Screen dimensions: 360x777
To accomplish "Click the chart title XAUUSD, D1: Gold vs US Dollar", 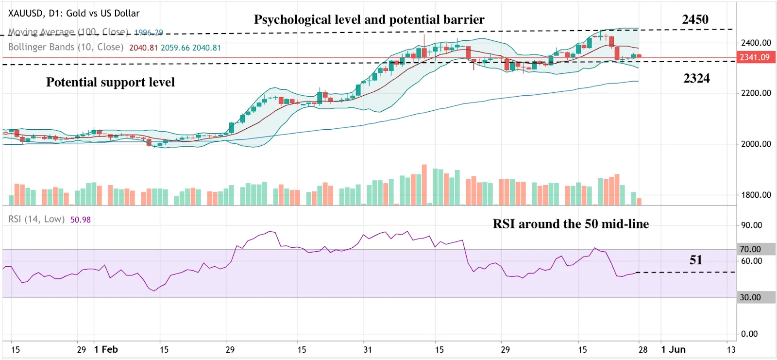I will click(x=74, y=13).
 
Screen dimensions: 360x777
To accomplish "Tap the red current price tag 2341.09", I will click(x=754, y=57).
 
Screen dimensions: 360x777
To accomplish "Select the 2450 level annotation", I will click(x=695, y=19).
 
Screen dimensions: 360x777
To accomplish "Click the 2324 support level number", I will click(x=696, y=78).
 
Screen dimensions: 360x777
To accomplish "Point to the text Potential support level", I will click(x=110, y=82).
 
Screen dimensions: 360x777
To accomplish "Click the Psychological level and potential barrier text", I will click(x=369, y=19).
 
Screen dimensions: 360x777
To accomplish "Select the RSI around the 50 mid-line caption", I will click(x=571, y=224).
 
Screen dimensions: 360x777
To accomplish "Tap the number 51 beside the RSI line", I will click(x=695, y=260).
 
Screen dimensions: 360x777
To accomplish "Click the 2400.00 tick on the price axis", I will click(x=756, y=43).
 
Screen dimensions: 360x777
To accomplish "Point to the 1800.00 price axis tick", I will click(x=756, y=195).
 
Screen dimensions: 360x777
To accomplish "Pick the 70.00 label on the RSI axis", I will click(x=750, y=249).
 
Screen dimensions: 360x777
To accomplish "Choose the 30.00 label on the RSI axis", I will click(x=750, y=297).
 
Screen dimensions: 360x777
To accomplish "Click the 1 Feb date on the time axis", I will click(x=106, y=349).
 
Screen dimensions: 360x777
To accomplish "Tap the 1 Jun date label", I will click(x=673, y=349).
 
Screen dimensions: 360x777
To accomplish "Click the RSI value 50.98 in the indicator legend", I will click(x=81, y=220).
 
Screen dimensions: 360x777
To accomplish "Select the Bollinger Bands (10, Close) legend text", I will click(x=66, y=47).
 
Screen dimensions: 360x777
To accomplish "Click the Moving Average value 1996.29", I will click(x=149, y=33).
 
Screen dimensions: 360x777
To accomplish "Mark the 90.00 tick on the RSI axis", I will click(x=751, y=225).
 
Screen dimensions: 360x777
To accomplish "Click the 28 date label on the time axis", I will click(x=642, y=349).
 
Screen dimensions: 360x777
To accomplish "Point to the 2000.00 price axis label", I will click(x=756, y=144).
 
